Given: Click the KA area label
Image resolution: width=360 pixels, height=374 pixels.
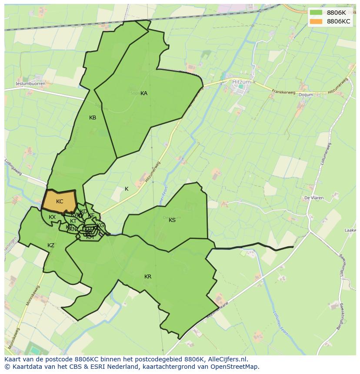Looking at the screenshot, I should tap(144, 93).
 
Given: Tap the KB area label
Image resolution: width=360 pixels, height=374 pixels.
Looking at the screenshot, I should tap(93, 118).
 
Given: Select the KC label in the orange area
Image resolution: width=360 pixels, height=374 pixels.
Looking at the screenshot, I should tap(60, 202).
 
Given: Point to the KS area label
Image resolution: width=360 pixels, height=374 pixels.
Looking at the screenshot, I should tap(172, 220).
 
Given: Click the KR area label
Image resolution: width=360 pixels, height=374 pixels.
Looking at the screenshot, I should tap(148, 277).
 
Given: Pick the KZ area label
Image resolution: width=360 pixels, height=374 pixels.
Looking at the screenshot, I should tap(51, 245).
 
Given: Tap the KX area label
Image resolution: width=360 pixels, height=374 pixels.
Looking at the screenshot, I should tap(52, 217).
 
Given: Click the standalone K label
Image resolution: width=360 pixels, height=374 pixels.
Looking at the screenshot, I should tap(127, 189).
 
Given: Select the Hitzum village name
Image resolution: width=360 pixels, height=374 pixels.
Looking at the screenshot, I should tap(242, 81).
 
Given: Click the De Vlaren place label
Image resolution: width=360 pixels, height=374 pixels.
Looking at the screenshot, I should tap(313, 198).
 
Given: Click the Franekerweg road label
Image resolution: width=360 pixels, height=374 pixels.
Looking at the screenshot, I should tap(283, 92).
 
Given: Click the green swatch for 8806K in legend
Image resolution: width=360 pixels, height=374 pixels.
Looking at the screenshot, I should tap(316, 13).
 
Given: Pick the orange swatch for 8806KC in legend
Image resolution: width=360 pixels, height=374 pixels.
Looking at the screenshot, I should tap(316, 22).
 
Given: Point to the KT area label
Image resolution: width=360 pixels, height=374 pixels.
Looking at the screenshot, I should tap(73, 221).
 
